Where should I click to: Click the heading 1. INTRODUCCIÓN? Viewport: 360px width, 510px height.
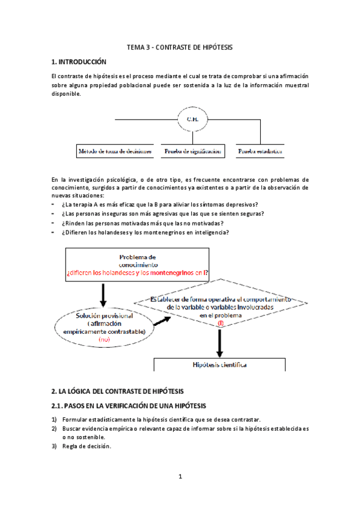pyautogui.click(x=79, y=62)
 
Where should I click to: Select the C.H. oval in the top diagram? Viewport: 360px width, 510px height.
pyautogui.click(x=193, y=119)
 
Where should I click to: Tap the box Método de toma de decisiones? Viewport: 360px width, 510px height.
pyautogui.click(x=114, y=152)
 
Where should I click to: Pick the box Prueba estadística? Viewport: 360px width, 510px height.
pyautogui.click(x=260, y=152)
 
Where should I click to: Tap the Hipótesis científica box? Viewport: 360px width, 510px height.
pyautogui.click(x=219, y=365)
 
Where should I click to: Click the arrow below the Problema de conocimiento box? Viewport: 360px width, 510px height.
pyautogui.click(x=103, y=295)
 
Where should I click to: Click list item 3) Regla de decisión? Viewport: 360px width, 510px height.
pyautogui.click(x=86, y=446)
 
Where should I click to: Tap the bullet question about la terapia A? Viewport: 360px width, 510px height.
pyautogui.click(x=159, y=204)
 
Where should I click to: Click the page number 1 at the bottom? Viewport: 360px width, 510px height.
pyautogui.click(x=180, y=478)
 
